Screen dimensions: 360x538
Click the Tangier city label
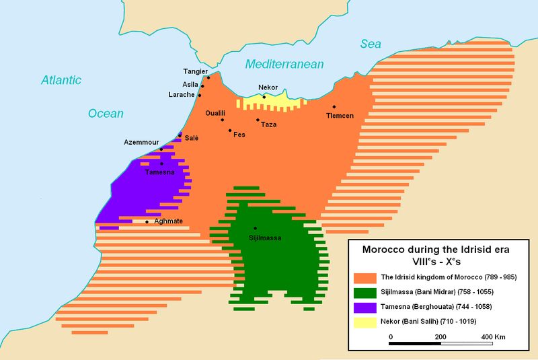coord(196,71)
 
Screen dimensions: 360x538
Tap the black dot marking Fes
coord(230,131)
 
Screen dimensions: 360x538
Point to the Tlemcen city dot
coord(334,107)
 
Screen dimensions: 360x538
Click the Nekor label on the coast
coord(268,88)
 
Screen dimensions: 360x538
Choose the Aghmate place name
coord(169,221)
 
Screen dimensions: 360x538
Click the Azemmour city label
coord(141,143)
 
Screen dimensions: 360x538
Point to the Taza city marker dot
coord(258,120)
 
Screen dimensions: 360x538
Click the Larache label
coord(182,95)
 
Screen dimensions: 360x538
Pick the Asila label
coord(190,84)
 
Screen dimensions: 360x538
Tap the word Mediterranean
coord(284,64)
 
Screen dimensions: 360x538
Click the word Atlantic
coord(61,80)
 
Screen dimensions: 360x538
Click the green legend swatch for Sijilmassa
coord(364,291)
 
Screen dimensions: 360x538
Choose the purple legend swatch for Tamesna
coord(364,306)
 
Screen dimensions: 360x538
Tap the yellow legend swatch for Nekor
coord(364,321)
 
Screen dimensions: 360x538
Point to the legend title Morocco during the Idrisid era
coord(436,249)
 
